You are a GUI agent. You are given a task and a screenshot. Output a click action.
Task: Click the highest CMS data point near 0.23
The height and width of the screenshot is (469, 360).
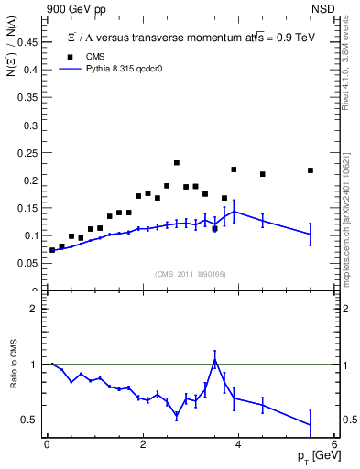click(x=176, y=163)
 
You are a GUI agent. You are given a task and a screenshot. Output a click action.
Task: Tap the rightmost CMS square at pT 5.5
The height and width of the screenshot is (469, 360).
click(x=311, y=170)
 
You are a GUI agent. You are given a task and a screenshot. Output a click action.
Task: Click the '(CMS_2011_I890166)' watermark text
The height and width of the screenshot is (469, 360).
click(x=190, y=274)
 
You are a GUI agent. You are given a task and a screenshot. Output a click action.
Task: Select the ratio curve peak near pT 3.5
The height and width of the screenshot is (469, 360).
click(x=214, y=360)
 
